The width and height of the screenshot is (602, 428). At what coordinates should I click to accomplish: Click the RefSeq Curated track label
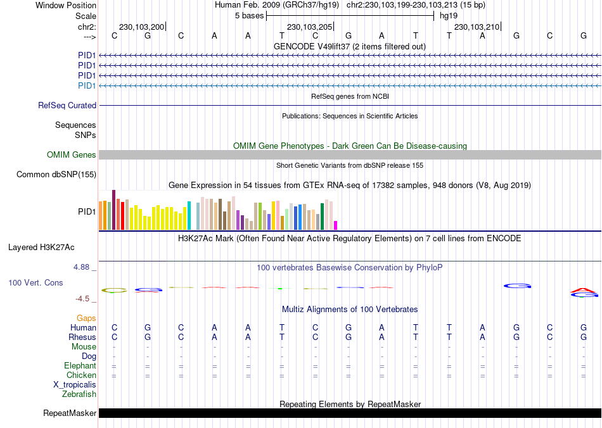(x=67, y=106)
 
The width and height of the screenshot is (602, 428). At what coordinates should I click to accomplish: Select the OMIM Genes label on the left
(x=72, y=155)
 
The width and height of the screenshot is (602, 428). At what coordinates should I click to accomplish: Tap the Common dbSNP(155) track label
(x=56, y=175)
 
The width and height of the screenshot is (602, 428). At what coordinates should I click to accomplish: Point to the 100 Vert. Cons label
(x=35, y=282)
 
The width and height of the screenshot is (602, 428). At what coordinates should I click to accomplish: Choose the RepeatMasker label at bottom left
(x=70, y=413)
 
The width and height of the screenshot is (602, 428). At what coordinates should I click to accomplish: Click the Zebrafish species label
(x=79, y=394)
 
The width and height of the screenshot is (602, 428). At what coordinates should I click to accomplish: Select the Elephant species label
(x=80, y=366)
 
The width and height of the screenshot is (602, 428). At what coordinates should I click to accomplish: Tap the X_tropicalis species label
(x=75, y=385)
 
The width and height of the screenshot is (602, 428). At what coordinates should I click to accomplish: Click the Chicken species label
(x=81, y=375)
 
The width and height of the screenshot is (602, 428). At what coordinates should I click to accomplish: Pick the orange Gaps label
(x=86, y=318)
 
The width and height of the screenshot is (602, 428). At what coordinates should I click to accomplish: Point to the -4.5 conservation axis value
(x=85, y=299)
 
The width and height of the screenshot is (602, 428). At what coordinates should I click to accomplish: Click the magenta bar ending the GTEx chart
(x=336, y=225)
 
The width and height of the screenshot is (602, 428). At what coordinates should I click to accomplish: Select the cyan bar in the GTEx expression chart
(x=189, y=215)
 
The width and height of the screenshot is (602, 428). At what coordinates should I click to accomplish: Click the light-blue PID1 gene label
(x=87, y=85)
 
